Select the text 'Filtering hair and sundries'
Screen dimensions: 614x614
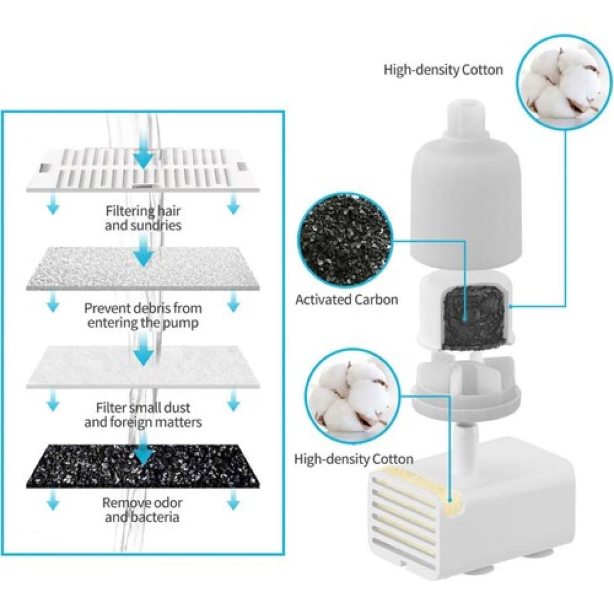point(143,218)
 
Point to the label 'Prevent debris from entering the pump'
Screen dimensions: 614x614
point(143,315)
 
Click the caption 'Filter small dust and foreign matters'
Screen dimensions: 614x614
point(143,414)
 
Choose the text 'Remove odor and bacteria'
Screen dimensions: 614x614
point(143,510)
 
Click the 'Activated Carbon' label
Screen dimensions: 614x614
point(346,299)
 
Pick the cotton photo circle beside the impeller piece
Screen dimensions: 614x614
point(346,390)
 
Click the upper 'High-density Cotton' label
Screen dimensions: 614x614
point(443,69)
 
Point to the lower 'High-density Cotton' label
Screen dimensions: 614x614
point(353,459)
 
